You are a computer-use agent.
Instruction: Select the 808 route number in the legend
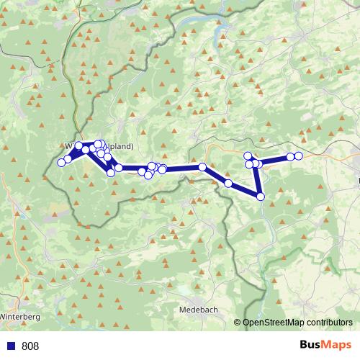pos(30,346)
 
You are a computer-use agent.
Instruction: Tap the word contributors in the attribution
pos(333,323)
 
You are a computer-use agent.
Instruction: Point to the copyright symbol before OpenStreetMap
pos(238,323)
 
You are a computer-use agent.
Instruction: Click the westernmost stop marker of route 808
pos(61,163)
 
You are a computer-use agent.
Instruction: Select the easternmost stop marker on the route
pos(299,156)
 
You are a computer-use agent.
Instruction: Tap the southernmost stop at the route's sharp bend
pos(261,196)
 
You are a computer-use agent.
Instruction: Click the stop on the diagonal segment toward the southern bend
pos(228,183)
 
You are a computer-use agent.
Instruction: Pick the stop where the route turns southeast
pos(202,167)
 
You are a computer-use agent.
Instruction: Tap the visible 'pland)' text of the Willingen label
pos(119,144)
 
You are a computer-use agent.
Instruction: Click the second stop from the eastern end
pos(291,156)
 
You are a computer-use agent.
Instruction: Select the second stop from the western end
pos(68,159)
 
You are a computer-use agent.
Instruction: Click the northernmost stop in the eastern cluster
pos(248,156)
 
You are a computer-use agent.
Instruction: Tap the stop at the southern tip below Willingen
pos(111,172)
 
